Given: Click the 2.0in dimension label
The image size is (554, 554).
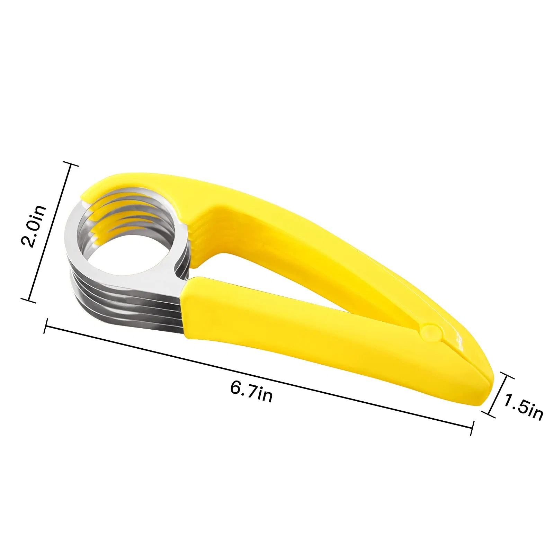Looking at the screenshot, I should point(33,226).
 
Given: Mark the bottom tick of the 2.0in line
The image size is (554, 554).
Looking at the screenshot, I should point(28,300).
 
